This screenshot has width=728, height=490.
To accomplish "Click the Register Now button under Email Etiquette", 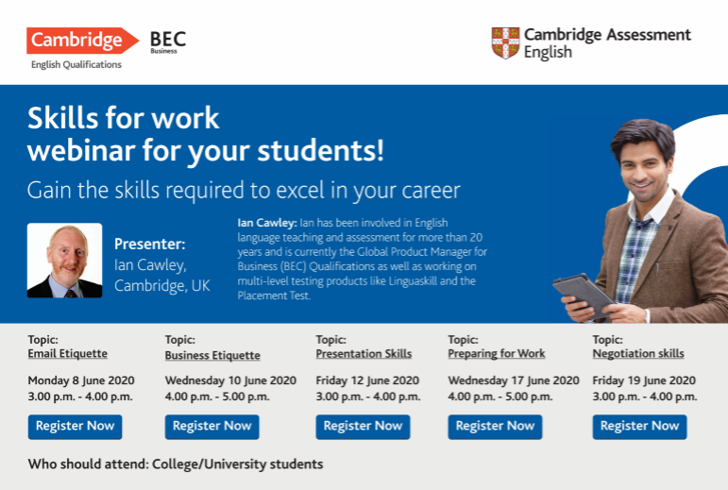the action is [75, 427].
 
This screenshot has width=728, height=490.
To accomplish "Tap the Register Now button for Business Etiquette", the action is [212, 427].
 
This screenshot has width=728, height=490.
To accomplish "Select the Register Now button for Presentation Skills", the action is [363, 427].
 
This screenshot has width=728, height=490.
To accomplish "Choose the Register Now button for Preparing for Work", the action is [495, 427].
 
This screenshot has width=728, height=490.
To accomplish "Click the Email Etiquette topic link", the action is [67, 354].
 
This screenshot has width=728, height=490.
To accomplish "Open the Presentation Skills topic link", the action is [364, 354].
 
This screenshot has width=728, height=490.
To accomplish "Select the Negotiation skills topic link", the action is [638, 354].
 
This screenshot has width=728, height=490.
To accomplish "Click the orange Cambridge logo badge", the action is [82, 41].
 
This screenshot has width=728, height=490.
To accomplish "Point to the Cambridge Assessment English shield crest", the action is [505, 42].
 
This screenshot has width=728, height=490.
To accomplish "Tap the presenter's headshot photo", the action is [64, 261].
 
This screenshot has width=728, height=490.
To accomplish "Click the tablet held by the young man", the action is [584, 295].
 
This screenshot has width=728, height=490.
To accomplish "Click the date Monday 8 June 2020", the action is [81, 380].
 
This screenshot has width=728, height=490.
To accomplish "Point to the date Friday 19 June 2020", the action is [644, 380].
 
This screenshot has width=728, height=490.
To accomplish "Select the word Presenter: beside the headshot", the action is [149, 245].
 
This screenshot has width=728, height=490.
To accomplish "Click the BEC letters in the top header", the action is [168, 39].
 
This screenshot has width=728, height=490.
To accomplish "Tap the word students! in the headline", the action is [320, 150].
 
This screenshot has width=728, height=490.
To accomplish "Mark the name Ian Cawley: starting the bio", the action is [267, 223].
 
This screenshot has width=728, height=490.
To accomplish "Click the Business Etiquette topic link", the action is [212, 355].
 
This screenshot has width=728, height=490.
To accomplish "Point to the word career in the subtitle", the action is [431, 191].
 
